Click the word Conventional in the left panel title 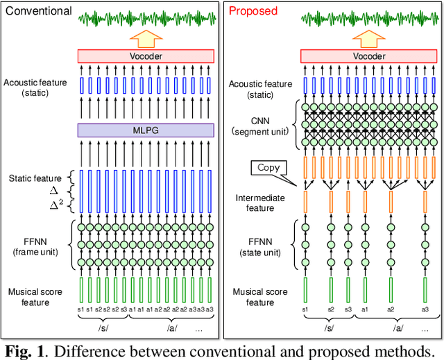point(38,11)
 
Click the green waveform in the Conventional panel point(146,17)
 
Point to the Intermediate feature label point(262,203)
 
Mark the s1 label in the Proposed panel point(304,308)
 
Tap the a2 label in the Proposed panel point(390,308)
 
